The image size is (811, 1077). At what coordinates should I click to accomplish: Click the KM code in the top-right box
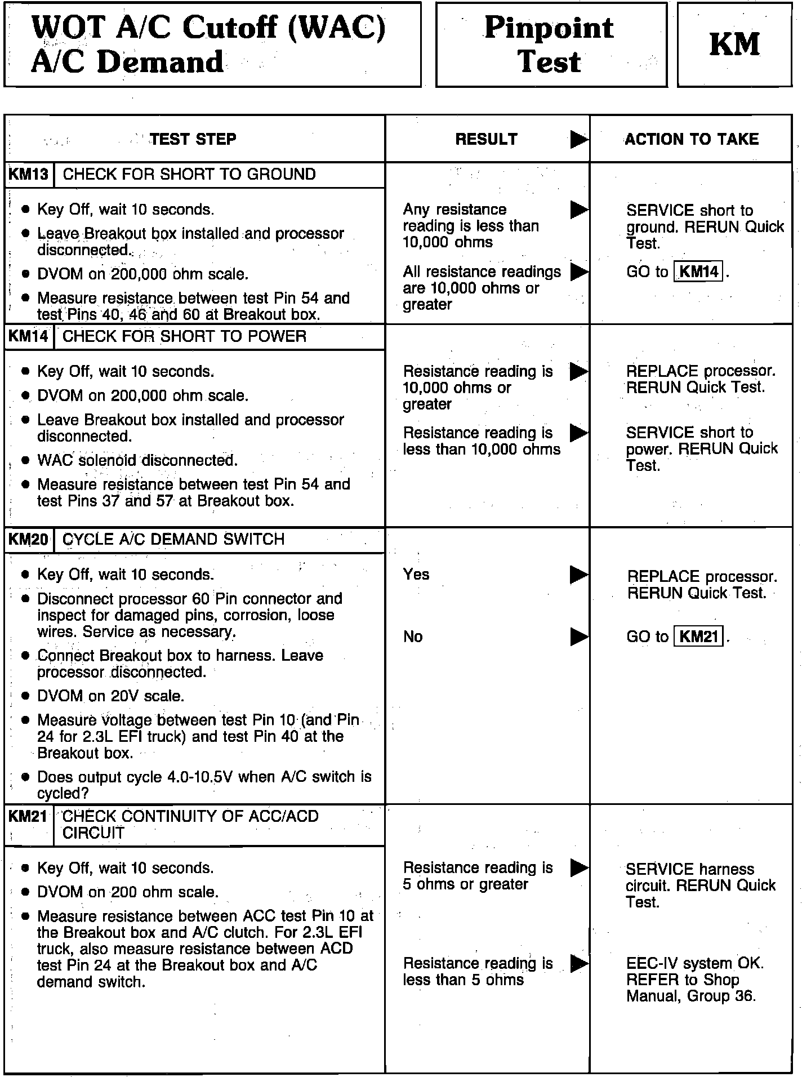click(734, 45)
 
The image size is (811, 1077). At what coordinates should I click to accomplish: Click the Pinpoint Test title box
click(551, 45)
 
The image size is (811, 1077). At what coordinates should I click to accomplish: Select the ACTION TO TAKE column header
click(692, 139)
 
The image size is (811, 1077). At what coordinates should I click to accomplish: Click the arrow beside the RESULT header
click(579, 139)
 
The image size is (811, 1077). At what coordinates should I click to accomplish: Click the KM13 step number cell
click(29, 175)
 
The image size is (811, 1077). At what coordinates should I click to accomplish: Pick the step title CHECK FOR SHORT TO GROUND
click(189, 174)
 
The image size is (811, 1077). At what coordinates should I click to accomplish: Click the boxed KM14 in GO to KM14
click(699, 272)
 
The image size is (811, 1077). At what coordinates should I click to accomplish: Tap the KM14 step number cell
click(29, 337)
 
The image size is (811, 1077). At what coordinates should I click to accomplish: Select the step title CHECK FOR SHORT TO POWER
click(184, 337)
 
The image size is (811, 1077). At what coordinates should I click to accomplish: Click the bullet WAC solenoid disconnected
click(137, 460)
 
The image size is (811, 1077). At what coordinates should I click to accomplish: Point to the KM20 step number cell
click(29, 540)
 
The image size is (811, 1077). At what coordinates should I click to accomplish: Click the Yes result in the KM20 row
click(416, 575)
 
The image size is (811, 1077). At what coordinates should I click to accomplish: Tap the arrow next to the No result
click(579, 637)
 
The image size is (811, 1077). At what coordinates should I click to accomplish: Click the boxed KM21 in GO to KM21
click(699, 637)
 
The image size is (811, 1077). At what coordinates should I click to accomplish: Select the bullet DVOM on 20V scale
click(110, 696)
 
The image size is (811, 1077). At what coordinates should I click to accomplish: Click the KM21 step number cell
click(28, 817)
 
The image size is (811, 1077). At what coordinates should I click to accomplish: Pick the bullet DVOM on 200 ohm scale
click(128, 892)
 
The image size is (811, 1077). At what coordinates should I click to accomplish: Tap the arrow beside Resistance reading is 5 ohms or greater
click(579, 868)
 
